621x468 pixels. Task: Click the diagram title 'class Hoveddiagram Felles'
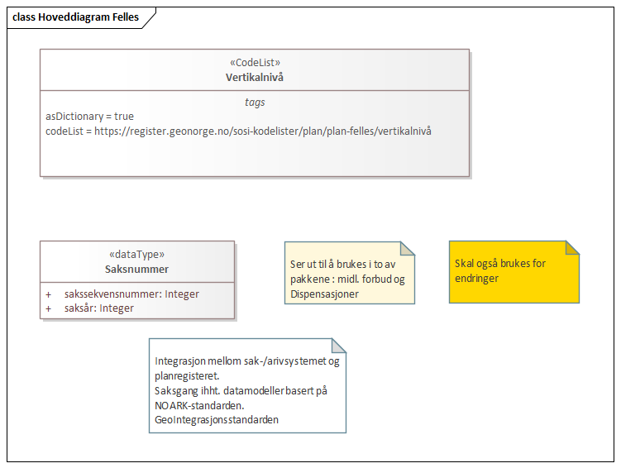coord(74,17)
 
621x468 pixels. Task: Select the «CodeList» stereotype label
coord(254,62)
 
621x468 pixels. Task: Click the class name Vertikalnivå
coord(254,77)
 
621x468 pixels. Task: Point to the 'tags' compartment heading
coord(255,102)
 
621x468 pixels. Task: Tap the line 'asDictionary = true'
coord(89,117)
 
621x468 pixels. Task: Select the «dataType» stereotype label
coord(136,254)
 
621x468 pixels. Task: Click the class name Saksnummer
coord(136,269)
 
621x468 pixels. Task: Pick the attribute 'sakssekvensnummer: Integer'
coord(131,294)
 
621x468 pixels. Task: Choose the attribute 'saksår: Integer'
coord(99,308)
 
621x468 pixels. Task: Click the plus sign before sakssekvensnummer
coord(49,294)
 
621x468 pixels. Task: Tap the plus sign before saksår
coord(49,308)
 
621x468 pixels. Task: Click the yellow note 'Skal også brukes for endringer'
coord(499,271)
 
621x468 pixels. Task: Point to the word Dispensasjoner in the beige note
coord(324,294)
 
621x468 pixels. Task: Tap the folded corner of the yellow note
coord(572,247)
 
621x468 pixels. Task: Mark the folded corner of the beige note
coord(407,248)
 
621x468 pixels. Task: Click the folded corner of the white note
coord(339,345)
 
